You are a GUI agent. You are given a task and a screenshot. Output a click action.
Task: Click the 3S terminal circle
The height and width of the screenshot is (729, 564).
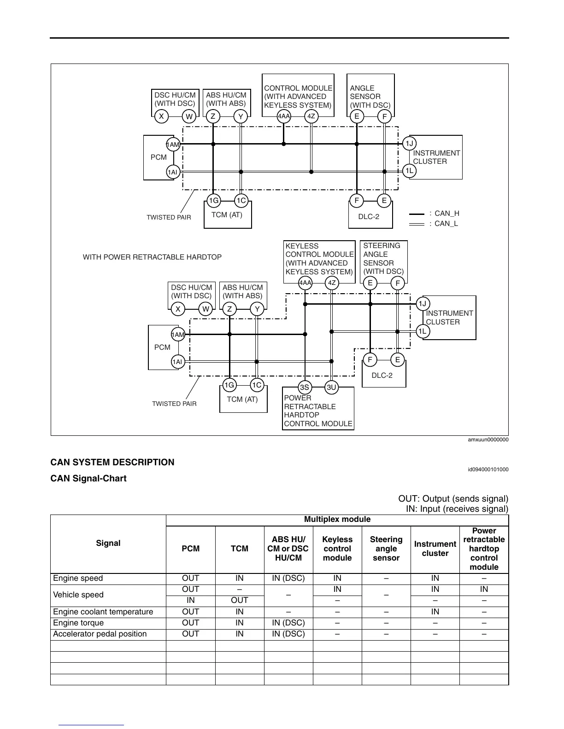[304, 387]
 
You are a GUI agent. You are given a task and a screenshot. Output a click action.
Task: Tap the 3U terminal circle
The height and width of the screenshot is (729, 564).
[331, 387]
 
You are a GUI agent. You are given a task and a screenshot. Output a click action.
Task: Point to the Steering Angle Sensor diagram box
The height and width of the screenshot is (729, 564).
[383, 259]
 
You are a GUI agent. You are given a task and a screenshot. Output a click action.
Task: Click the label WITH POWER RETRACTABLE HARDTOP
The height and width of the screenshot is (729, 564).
[152, 257]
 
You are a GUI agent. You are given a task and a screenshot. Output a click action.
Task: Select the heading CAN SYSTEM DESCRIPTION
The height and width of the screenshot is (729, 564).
[112, 462]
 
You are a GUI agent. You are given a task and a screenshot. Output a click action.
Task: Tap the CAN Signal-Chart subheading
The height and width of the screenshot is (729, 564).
[88, 478]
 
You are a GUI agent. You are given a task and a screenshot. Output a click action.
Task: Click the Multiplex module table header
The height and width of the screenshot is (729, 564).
[337, 520]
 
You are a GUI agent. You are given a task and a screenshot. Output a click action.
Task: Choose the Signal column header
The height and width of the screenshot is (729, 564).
[108, 543]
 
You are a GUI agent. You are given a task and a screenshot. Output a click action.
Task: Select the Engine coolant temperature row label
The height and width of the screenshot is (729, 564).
[103, 612]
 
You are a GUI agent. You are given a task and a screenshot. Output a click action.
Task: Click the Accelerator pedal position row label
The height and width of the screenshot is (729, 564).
[100, 634]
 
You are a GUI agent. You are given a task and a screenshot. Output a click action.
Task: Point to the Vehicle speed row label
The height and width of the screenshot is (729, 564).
[78, 595]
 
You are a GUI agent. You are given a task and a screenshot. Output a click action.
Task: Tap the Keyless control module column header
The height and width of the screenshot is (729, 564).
[337, 549]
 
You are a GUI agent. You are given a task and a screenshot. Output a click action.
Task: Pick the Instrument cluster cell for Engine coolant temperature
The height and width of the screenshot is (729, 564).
[435, 612]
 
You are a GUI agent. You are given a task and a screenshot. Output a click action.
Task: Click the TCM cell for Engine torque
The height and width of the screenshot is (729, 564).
[240, 623]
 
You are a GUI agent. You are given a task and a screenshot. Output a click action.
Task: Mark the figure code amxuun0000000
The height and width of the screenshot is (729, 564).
[488, 440]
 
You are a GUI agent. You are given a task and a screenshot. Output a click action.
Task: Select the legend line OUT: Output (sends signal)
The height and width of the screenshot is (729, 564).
[453, 499]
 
